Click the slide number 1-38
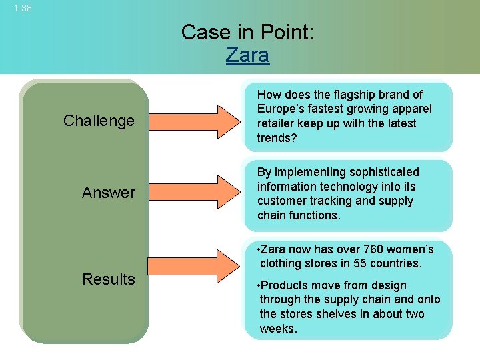click(x=22, y=9)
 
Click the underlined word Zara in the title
click(x=247, y=55)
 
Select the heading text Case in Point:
click(x=247, y=32)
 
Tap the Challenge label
click(x=99, y=121)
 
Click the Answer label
click(x=108, y=193)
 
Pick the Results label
click(x=108, y=279)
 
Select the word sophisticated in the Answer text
click(x=381, y=172)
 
